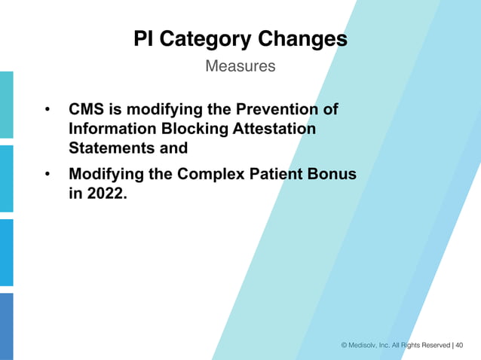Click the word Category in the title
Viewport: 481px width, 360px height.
tap(204, 39)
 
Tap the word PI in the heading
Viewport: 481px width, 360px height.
tap(143, 39)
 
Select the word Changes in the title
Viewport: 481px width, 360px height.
tap(302, 39)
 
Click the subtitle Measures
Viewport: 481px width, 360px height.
tap(240, 66)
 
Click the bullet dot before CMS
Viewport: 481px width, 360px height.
tap(47, 111)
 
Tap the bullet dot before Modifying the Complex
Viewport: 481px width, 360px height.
tap(47, 175)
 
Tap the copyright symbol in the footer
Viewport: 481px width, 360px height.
tap(345, 345)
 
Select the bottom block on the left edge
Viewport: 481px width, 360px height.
tap(6, 325)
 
